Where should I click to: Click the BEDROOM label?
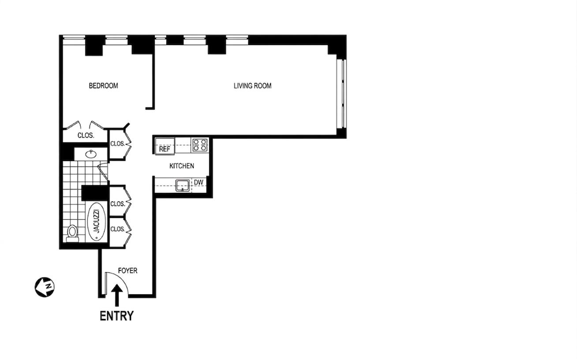(x=103, y=86)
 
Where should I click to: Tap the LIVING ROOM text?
(x=252, y=86)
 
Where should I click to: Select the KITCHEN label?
(x=182, y=166)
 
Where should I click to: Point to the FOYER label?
(x=127, y=270)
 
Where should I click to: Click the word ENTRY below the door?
(x=117, y=316)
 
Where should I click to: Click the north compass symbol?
(x=45, y=287)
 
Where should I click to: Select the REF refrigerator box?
(x=165, y=146)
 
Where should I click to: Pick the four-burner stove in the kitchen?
(x=200, y=145)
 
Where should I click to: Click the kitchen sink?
(x=183, y=186)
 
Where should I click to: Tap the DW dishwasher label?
(x=199, y=183)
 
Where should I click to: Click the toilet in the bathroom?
(x=72, y=233)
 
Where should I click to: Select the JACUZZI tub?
(x=97, y=221)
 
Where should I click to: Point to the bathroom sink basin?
(x=91, y=154)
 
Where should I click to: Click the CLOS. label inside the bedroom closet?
(x=86, y=135)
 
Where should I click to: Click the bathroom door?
(x=103, y=171)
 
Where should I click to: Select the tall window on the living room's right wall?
(x=341, y=94)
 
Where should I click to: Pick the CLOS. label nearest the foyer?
(x=117, y=229)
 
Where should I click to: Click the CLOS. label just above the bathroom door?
(x=117, y=144)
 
